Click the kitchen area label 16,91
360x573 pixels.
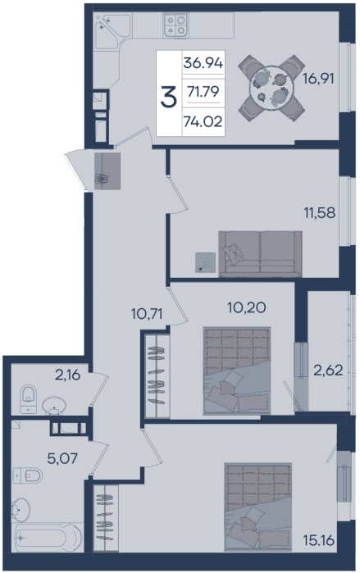pos(318,78)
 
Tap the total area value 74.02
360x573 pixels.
pos(203,121)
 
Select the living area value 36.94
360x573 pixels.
pos(203,63)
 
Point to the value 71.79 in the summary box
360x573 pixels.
pos(203,92)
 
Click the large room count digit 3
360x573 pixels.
pos(168,98)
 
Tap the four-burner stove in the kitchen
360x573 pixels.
pos(175,25)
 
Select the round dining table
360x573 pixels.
pos(271,88)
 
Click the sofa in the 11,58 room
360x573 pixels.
pos(260,253)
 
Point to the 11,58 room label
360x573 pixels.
pos(320,212)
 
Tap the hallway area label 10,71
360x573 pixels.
pos(147,313)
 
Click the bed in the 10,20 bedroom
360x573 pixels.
pos(237,371)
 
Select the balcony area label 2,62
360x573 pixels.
pos(328,371)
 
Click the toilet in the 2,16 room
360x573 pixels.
pos(29,398)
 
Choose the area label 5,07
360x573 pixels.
pos(62,457)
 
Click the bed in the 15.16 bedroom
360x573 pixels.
pos(258,507)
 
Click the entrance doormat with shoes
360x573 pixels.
pos(107,171)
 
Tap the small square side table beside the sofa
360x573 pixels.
pos(205,262)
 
